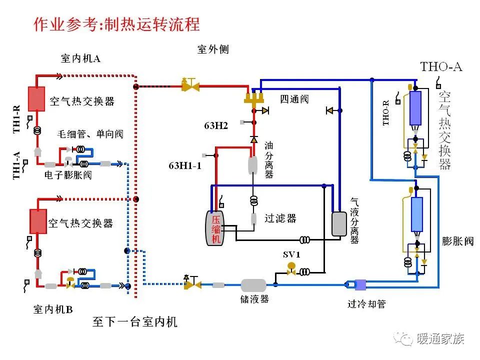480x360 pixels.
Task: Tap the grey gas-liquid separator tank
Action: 339,223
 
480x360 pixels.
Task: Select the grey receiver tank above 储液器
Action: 253,285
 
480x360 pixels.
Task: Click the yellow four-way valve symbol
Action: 254,97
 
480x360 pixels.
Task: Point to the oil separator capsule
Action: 252,165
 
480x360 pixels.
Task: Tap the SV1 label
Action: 291,254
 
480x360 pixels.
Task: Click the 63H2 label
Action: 216,125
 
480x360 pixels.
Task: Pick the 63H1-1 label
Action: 184,165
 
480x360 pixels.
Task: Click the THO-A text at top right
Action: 441,66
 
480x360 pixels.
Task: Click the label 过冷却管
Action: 366,304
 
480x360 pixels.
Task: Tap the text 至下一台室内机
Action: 135,321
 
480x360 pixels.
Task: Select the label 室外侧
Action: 213,49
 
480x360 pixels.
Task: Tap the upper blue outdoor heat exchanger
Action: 415,107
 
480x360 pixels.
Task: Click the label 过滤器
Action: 280,218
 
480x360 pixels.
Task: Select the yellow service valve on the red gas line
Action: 190,86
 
